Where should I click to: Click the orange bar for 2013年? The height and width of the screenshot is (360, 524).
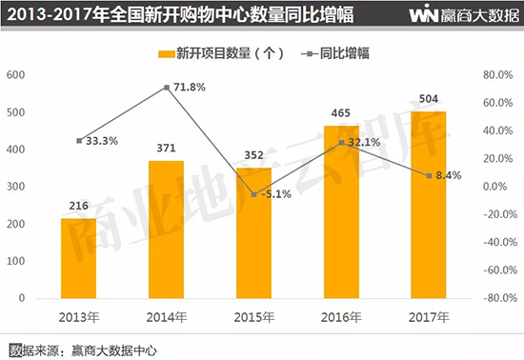78,258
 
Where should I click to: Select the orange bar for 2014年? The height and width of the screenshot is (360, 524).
166,230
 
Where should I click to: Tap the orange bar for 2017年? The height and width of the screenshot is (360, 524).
429,205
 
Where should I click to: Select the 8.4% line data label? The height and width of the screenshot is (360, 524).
449,175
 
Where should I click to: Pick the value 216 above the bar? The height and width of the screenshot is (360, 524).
78,206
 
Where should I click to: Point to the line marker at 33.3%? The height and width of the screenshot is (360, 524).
79,141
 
